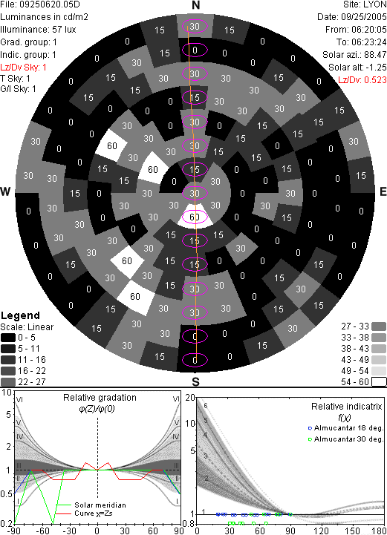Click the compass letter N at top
click(x=195, y=5)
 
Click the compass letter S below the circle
click(x=195, y=381)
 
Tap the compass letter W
click(x=5, y=191)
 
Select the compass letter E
click(x=383, y=191)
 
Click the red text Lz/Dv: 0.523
click(x=362, y=80)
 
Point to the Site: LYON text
click(x=365, y=4)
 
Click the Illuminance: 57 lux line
click(x=39, y=30)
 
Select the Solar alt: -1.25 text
click(x=357, y=68)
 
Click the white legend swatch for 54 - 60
click(x=379, y=382)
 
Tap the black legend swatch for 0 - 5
click(x=8, y=338)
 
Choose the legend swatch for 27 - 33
click(x=379, y=326)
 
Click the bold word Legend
click(x=21, y=315)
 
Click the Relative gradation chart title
click(x=100, y=398)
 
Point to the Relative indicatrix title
click(x=347, y=407)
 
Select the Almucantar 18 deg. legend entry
click(x=345, y=428)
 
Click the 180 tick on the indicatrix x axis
click(x=378, y=531)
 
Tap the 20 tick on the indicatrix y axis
click(x=190, y=398)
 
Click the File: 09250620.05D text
click(x=40, y=4)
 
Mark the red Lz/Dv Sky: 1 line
click(x=23, y=68)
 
